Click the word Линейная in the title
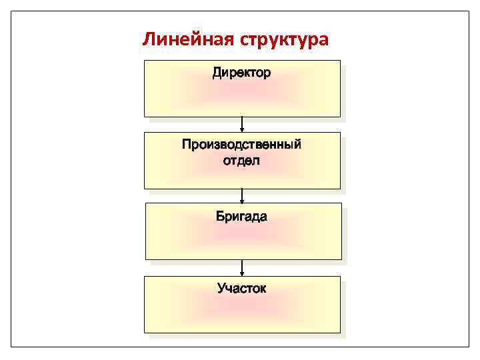point(186,40)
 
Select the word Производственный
point(241,145)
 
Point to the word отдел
point(241,161)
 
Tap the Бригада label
point(241,217)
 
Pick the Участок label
point(241,289)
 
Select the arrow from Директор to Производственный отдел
point(242,124)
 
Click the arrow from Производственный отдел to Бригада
point(242,195)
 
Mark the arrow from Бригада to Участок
point(242,267)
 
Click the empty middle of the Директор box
point(242,97)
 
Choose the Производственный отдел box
point(242,175)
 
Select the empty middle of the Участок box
point(242,312)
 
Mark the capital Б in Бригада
point(220,217)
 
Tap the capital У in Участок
point(221,289)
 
